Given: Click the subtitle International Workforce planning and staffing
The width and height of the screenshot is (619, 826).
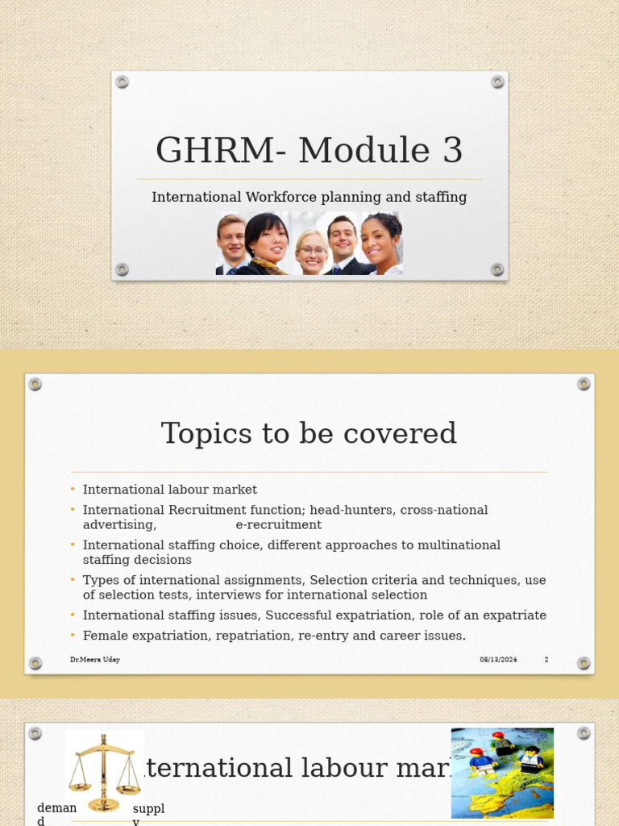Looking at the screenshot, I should click(x=309, y=197).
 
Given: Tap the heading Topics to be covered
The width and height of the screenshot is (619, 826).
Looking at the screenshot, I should click(x=309, y=433).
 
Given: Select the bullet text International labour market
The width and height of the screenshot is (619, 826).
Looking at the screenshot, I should click(x=169, y=490).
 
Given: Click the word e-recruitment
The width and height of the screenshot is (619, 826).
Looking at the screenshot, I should click(x=278, y=525).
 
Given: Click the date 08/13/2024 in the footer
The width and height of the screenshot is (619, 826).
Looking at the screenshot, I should click(x=498, y=660).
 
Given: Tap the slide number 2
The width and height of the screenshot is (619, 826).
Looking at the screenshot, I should click(x=546, y=660).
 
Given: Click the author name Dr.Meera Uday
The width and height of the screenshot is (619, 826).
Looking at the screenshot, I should click(x=95, y=660).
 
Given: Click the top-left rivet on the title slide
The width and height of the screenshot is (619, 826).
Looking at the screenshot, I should click(x=123, y=81).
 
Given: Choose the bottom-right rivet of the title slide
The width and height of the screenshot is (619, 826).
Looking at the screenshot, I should click(x=497, y=269).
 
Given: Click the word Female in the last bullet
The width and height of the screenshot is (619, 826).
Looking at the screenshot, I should click(x=104, y=636).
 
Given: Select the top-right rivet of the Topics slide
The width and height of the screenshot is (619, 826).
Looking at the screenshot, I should click(x=584, y=384).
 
